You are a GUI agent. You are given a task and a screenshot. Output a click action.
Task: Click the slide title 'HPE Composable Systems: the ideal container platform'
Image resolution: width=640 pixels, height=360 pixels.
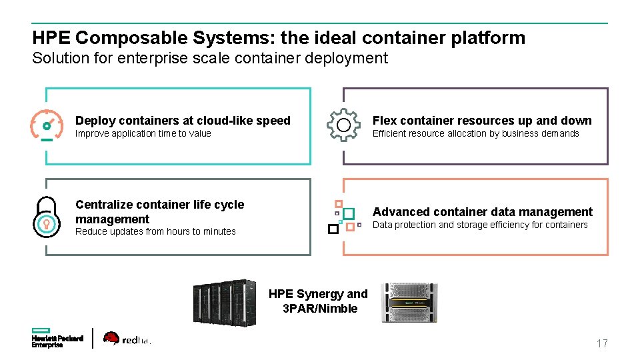point(279,38)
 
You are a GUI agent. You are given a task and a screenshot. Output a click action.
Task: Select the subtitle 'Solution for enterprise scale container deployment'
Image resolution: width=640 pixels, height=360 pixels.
point(210,59)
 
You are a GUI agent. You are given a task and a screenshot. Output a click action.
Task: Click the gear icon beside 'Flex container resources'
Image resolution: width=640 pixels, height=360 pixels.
point(343,125)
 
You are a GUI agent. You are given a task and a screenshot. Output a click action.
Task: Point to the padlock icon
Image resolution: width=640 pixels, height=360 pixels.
point(47,217)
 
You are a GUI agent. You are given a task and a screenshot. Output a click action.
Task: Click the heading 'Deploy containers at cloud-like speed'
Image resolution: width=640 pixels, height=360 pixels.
point(183,121)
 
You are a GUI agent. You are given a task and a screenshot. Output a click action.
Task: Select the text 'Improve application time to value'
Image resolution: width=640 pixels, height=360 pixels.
point(143,134)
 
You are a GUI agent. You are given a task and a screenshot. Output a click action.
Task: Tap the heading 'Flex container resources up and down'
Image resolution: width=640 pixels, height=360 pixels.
point(482,121)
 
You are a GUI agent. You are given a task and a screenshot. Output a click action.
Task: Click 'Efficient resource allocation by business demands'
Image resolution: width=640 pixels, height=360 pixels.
point(475,134)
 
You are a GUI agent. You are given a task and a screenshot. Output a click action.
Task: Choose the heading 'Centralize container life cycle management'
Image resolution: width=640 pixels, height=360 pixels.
point(160,212)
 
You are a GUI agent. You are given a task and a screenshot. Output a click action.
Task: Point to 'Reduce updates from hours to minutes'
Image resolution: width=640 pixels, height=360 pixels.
point(155,232)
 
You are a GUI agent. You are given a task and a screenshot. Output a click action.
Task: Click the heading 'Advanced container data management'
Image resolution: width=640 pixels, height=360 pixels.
point(482,212)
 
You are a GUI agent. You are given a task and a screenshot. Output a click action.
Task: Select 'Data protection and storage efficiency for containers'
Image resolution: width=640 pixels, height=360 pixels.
point(480,225)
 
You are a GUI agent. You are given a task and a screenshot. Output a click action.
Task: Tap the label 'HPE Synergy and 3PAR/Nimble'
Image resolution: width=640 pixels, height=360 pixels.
point(319,301)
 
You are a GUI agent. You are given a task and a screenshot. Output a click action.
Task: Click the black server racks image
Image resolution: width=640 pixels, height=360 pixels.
point(225,303)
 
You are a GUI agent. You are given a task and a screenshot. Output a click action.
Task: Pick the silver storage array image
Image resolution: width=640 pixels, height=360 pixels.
point(413,303)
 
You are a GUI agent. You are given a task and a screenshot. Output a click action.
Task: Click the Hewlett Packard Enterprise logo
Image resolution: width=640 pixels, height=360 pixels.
point(57,339)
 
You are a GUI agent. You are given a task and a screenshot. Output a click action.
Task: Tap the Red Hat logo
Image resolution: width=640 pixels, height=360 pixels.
point(127,339)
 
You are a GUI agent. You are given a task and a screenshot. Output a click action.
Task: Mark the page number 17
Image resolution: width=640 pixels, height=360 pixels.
point(602,344)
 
